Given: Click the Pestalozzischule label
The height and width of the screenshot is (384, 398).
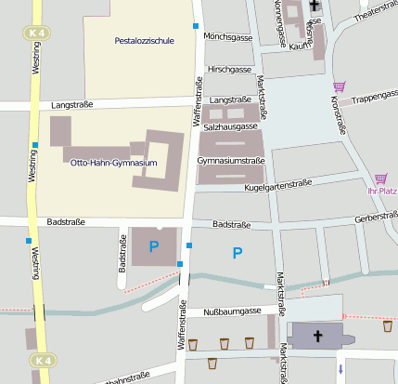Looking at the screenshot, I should pyautogui.click(x=143, y=41).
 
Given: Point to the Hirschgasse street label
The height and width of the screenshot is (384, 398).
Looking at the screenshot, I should pyautogui.click(x=229, y=69).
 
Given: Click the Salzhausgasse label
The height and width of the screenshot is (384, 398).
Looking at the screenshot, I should pyautogui.click(x=229, y=126).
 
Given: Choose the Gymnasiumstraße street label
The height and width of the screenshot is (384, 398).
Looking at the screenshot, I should pyautogui.click(x=231, y=161).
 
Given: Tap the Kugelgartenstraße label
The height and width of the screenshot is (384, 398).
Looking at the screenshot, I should pyautogui.click(x=276, y=186).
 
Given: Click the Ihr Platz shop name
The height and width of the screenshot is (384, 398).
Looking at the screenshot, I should pyautogui.click(x=382, y=191).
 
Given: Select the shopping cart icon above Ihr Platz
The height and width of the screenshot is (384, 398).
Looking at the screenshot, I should pyautogui.click(x=380, y=179).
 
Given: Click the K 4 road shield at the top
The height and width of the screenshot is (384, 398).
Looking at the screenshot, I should pyautogui.click(x=35, y=33).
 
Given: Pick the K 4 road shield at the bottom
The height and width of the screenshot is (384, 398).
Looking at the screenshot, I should pyautogui.click(x=41, y=360).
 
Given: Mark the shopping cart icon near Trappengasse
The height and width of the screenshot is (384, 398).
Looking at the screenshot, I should pyautogui.click(x=338, y=86).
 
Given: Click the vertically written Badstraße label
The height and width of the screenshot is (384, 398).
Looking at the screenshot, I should pyautogui.click(x=122, y=256).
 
